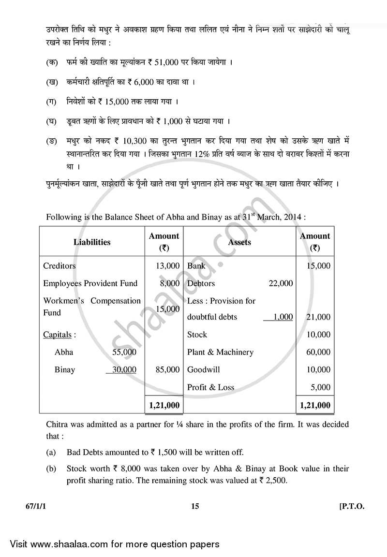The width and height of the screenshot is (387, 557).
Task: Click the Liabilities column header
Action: click(92, 242)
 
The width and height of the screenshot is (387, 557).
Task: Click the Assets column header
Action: click(239, 242)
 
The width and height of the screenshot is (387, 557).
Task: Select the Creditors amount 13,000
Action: click(168, 266)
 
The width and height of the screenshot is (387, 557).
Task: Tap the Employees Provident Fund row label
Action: click(90, 283)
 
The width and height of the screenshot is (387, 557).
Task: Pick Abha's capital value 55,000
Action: click(124, 352)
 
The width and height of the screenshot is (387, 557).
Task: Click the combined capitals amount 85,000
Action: click(168, 369)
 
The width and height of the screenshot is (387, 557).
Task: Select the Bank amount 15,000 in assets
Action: click(318, 266)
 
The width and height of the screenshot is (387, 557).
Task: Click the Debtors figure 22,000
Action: click(281, 283)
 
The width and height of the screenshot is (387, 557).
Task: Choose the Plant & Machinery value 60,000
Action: click(318, 352)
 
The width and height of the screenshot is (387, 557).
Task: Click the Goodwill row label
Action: click(203, 369)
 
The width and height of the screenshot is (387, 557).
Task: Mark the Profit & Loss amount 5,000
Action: click(320, 387)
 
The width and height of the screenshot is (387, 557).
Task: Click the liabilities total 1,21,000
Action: click(164, 405)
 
